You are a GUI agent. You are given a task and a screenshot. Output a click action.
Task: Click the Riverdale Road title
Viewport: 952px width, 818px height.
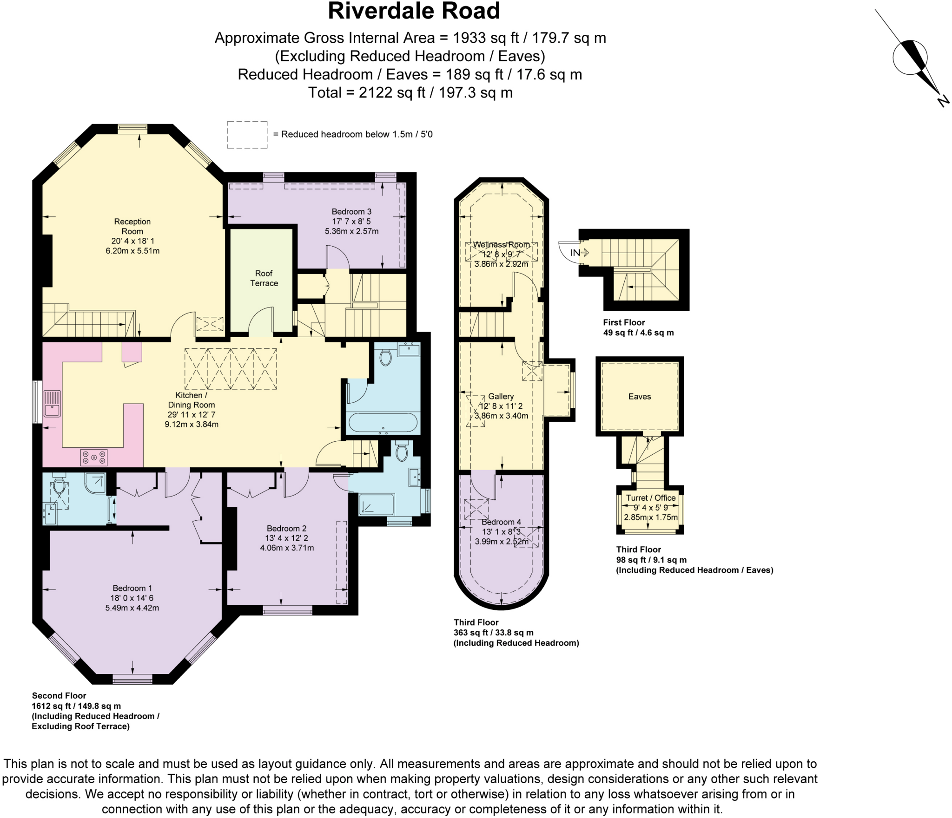coord(413,11)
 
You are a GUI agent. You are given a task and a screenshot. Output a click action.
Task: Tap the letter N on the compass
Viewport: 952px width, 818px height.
coord(943,101)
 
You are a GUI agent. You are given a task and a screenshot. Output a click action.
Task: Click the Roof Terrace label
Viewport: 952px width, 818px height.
coord(264,278)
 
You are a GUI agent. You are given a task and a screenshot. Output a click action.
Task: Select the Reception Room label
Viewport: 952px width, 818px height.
coord(132,226)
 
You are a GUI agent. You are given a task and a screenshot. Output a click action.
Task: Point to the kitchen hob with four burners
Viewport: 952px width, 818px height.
coord(94,457)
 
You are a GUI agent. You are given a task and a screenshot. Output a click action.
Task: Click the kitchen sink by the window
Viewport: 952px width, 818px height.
coord(52,404)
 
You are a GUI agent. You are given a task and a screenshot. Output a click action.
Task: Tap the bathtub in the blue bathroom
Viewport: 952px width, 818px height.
coord(383,423)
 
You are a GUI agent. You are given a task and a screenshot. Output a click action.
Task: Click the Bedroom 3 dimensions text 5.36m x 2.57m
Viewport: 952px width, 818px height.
coord(351,231)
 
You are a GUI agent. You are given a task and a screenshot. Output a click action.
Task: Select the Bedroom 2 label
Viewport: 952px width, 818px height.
coord(286,528)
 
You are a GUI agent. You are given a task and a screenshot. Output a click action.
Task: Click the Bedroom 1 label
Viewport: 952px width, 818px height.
coord(132,588)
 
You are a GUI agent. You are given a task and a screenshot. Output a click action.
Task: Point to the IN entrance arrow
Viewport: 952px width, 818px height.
coord(579,253)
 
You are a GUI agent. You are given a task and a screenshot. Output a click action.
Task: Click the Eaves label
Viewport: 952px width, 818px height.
coord(639,396)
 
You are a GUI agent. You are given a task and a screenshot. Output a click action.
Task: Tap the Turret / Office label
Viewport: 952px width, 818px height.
coord(650,497)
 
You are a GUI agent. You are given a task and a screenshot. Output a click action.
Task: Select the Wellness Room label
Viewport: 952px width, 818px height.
coord(501,244)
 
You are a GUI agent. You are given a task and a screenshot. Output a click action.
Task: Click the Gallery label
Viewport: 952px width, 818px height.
coord(501,396)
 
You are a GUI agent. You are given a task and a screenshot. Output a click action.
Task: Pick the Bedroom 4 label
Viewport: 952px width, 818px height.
coord(501,522)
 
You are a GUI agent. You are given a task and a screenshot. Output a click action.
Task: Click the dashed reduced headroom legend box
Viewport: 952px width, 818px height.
coord(247,135)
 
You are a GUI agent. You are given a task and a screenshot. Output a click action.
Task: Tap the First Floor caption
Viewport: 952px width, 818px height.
coord(624,322)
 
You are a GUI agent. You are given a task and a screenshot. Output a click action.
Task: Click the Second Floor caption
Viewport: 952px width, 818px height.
coord(59,695)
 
